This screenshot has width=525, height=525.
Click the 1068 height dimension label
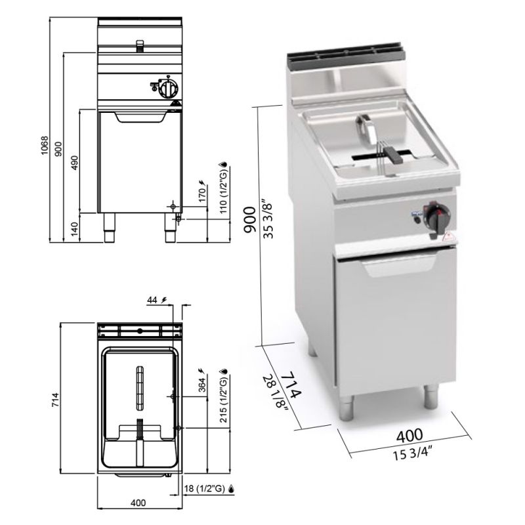pos(45,145)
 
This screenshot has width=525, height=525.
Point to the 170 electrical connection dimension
pos(202,195)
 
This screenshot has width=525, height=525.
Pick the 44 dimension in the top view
pos(152,301)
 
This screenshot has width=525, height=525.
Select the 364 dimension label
pos(202,385)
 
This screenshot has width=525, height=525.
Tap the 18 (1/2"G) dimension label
pos(205,488)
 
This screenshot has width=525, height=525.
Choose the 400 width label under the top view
pos(138,503)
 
